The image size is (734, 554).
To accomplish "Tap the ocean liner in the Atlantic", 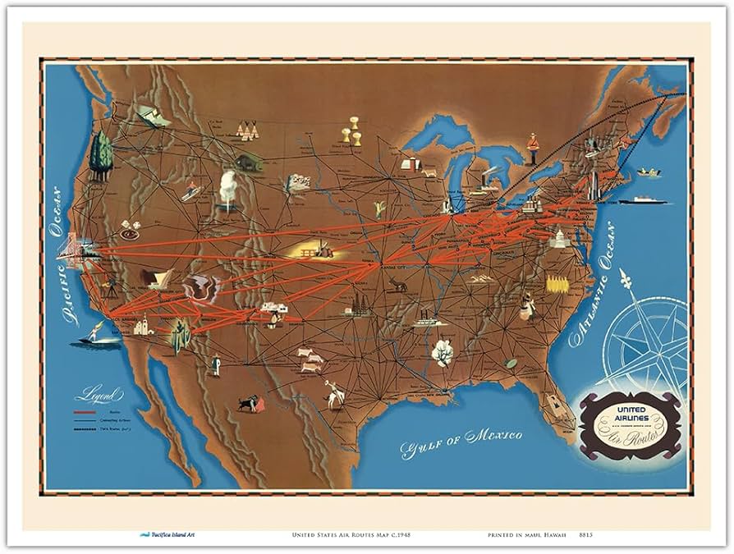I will click(645, 199).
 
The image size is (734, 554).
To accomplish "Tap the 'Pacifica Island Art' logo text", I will click(173, 534).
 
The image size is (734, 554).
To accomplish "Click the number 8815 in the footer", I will click(585, 534).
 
